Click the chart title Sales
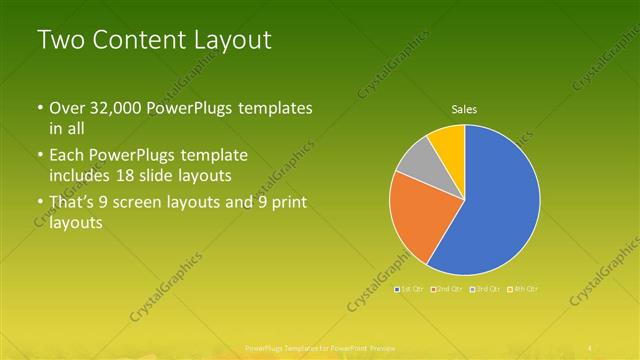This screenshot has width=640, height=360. tap(464, 109)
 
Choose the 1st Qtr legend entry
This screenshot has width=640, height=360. tap(411, 289)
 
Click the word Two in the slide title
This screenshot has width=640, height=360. tap(59, 41)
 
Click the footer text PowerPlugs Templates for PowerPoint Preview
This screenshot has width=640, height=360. tap(320, 349)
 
